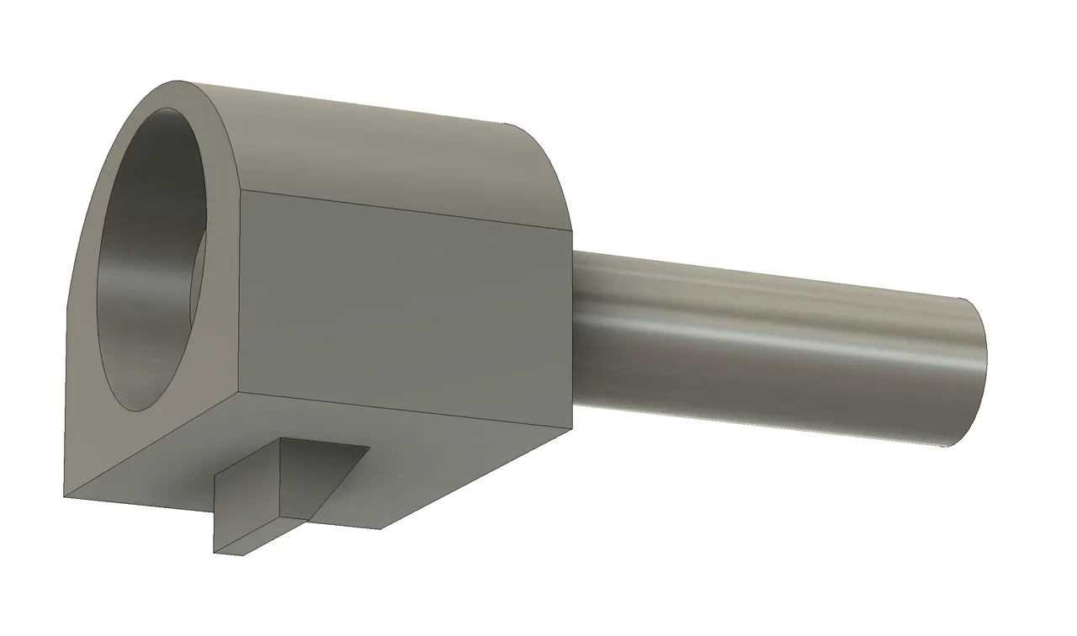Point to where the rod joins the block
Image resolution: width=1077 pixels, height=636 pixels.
pyautogui.click(x=576, y=328)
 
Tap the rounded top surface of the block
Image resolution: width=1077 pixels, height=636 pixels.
pyautogui.click(x=379, y=143)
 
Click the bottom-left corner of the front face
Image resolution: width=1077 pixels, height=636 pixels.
pyautogui.click(x=66, y=496)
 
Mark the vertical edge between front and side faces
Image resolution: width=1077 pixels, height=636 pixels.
pyautogui.click(x=241, y=294)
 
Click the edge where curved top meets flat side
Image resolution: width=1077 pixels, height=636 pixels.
pyautogui.click(x=404, y=209)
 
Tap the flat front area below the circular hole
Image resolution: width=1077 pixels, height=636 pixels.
pyautogui.click(x=126, y=446)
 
